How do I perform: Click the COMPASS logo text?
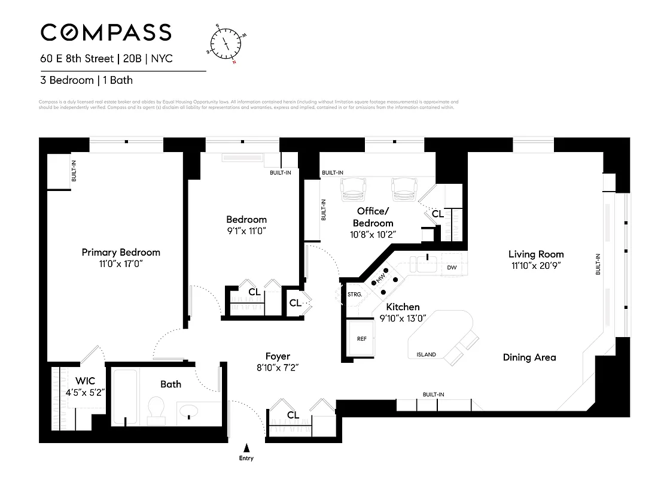(x=106, y=32)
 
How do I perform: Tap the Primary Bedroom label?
(x=121, y=252)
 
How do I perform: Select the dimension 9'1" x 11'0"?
(x=246, y=231)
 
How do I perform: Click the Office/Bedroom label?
(x=373, y=217)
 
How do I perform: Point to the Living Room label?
(x=536, y=254)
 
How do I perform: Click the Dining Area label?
(x=529, y=357)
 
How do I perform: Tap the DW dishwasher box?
(x=452, y=268)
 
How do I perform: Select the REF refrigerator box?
(x=361, y=338)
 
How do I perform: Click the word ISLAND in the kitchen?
(x=426, y=354)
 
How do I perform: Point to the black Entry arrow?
(x=246, y=447)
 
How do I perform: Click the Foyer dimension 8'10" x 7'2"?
(x=278, y=368)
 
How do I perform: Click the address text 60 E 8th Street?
(x=75, y=59)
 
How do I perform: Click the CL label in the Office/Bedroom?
(x=437, y=213)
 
